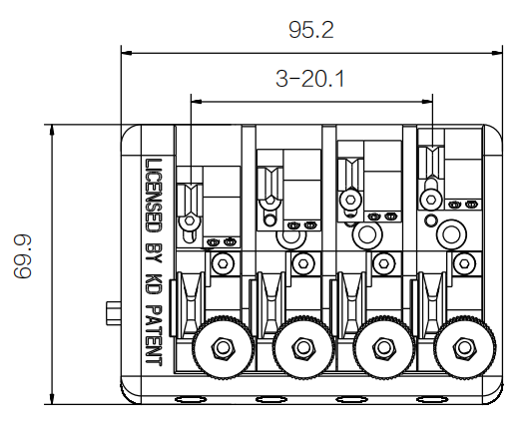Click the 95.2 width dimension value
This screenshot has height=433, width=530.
pos(311,30)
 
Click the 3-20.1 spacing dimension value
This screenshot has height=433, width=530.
pos(310,79)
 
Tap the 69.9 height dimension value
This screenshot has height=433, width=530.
pos(22,256)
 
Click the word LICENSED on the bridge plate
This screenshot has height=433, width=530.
pos(153,196)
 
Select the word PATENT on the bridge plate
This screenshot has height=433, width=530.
pos(153,335)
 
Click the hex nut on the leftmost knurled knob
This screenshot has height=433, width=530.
pos(223,347)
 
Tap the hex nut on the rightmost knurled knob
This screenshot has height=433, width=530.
pos(465,347)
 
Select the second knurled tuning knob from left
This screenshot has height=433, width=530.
pos(303,347)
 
